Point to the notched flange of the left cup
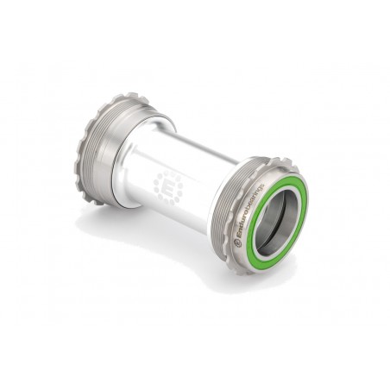coord(88,147)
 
